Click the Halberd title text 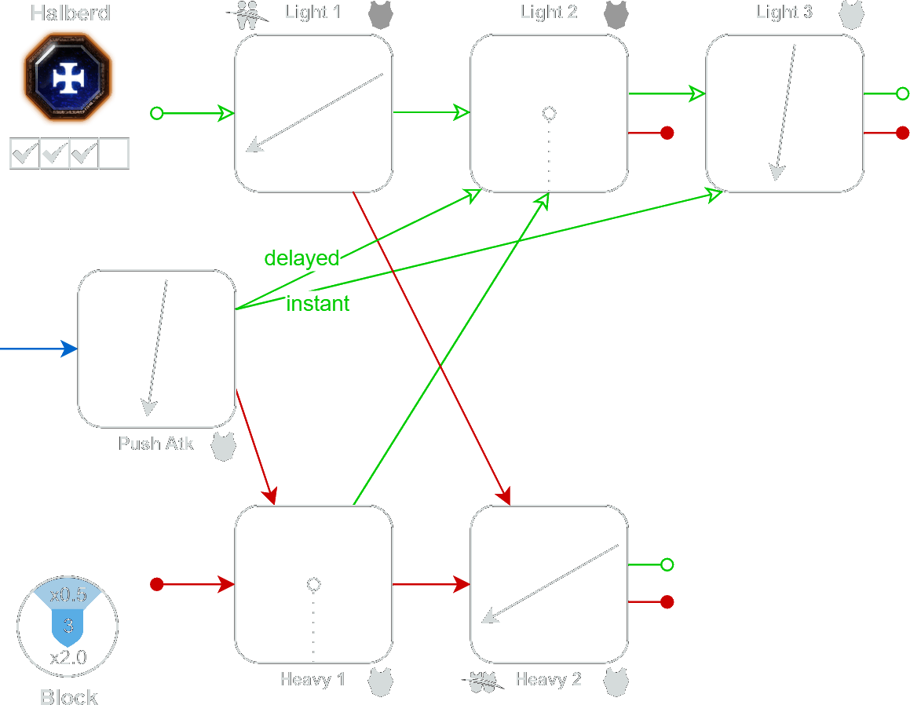(70, 13)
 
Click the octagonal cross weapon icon (68, 76)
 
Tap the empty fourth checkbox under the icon (115, 154)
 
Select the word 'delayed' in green (302, 258)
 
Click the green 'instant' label (318, 304)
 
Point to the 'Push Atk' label (155, 444)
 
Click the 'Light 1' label (312, 13)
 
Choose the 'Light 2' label (548, 13)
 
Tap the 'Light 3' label (784, 13)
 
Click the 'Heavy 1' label (312, 679)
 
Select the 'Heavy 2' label (548, 679)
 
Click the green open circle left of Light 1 (156, 114)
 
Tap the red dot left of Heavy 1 (156, 584)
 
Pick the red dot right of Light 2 (667, 133)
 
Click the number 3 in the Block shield (68, 626)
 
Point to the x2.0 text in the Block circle (68, 658)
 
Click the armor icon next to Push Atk (224, 446)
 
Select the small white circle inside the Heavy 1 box (314, 584)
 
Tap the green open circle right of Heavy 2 (667, 564)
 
